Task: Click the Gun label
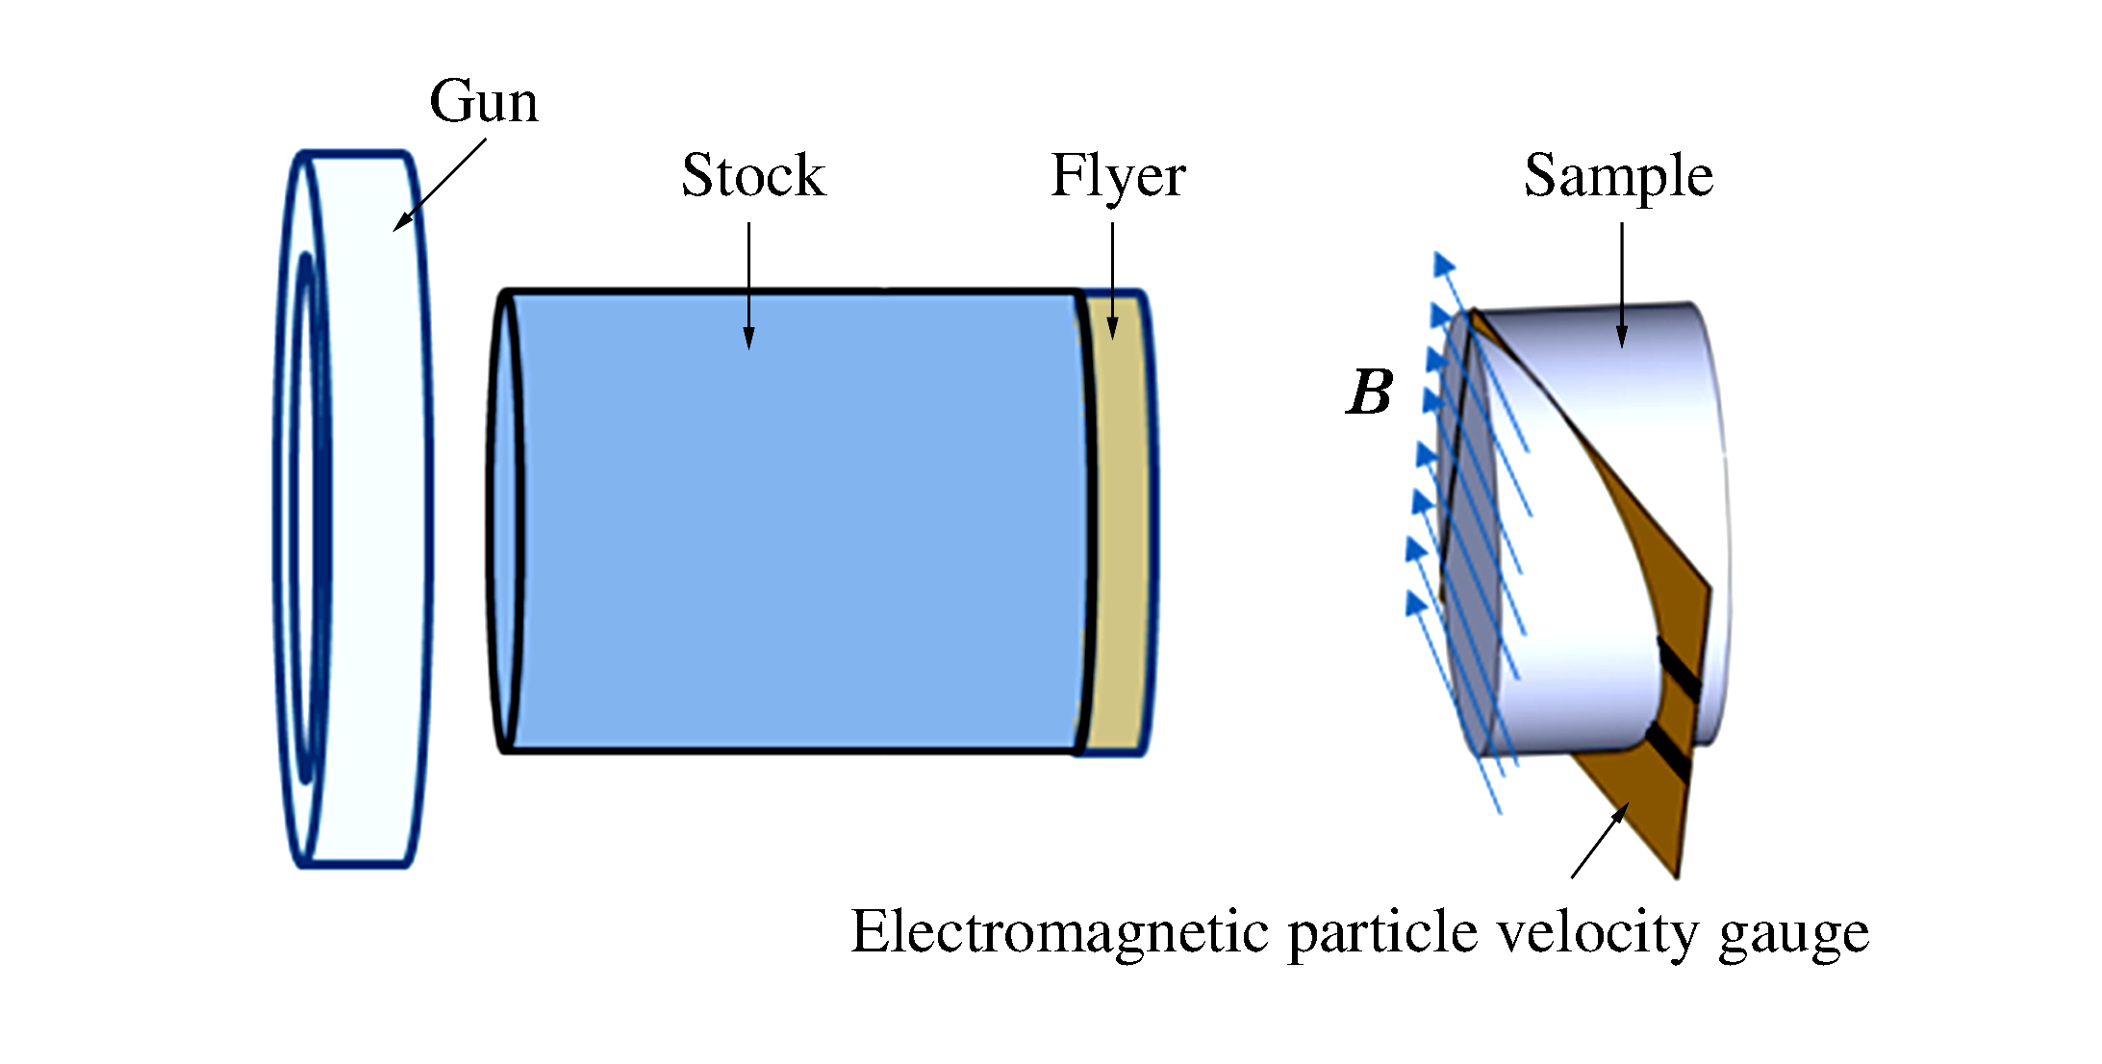click(x=483, y=102)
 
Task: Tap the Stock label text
click(x=753, y=176)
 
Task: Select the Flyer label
click(x=1118, y=177)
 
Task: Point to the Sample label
click(x=1618, y=176)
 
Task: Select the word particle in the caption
click(x=1381, y=934)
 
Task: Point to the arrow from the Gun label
click(x=440, y=185)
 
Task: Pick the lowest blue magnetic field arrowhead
click(x=1415, y=603)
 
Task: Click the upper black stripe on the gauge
click(x=1679, y=664)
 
